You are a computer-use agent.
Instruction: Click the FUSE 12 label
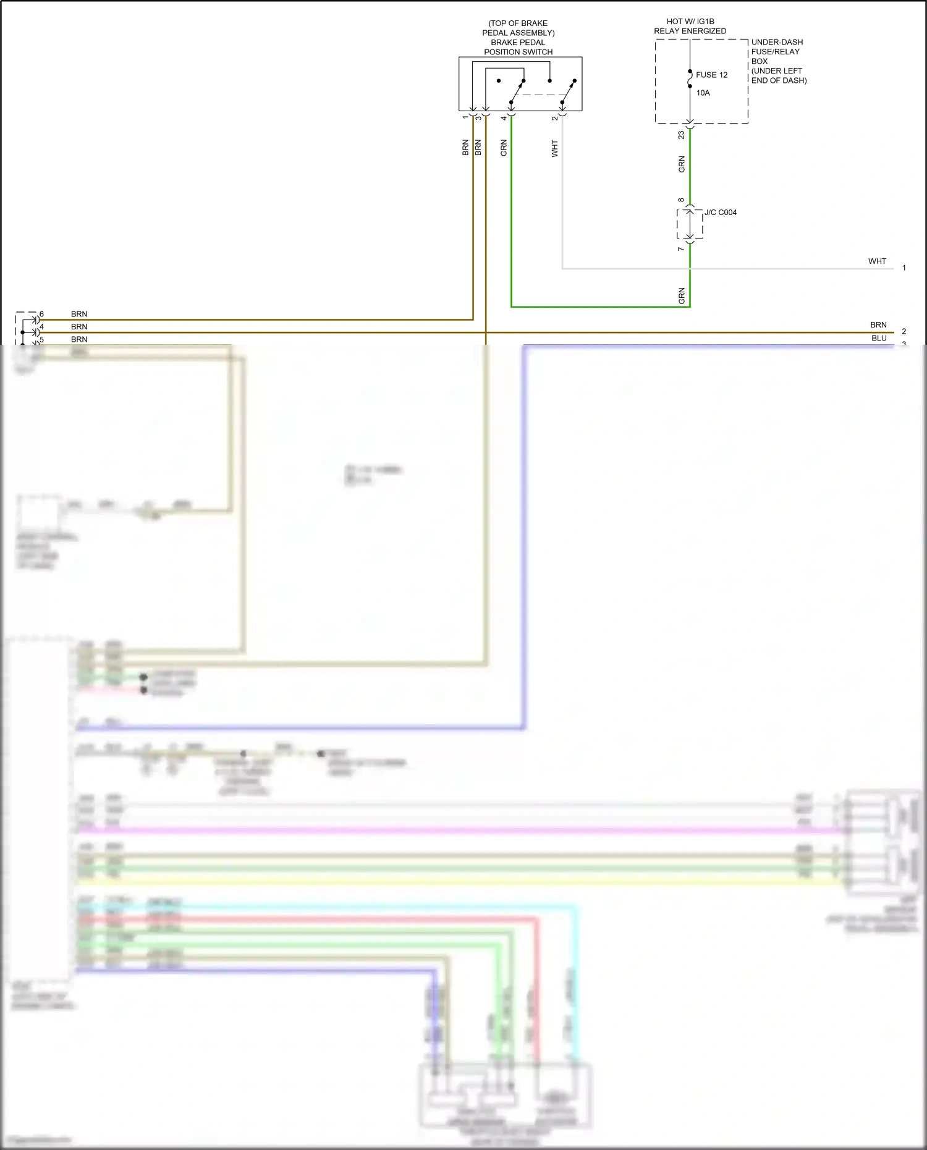pyautogui.click(x=711, y=75)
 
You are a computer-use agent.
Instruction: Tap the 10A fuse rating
pyautogui.click(x=703, y=93)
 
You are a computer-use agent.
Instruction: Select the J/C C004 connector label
pyautogui.click(x=721, y=213)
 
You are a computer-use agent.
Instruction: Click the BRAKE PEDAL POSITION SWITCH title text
pyautogui.click(x=518, y=47)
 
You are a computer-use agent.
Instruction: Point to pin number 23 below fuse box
pyautogui.click(x=681, y=135)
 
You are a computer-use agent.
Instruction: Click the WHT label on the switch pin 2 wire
pyautogui.click(x=554, y=148)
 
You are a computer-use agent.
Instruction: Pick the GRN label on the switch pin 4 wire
pyautogui.click(x=504, y=148)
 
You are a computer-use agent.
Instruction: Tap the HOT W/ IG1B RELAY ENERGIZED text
pyautogui.click(x=690, y=26)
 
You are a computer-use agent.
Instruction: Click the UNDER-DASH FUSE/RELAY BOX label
pyautogui.click(x=777, y=61)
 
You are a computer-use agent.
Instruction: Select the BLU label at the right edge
pyautogui.click(x=879, y=338)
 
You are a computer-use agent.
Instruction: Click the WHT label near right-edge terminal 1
pyautogui.click(x=877, y=261)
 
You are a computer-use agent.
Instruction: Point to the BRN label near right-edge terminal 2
pyautogui.click(x=878, y=325)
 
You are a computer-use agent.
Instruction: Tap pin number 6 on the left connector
pyautogui.click(x=41, y=314)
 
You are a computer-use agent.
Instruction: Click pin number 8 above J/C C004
pyautogui.click(x=681, y=200)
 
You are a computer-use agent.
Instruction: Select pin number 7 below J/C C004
pyautogui.click(x=681, y=249)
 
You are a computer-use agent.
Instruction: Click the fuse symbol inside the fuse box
pyautogui.click(x=690, y=78)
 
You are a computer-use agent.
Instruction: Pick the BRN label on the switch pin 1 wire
pyautogui.click(x=465, y=148)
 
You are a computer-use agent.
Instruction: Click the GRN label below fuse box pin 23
pyautogui.click(x=682, y=164)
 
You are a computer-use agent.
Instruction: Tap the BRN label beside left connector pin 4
pyautogui.click(x=79, y=327)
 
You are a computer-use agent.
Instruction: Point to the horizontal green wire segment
pyautogui.click(x=599, y=307)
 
